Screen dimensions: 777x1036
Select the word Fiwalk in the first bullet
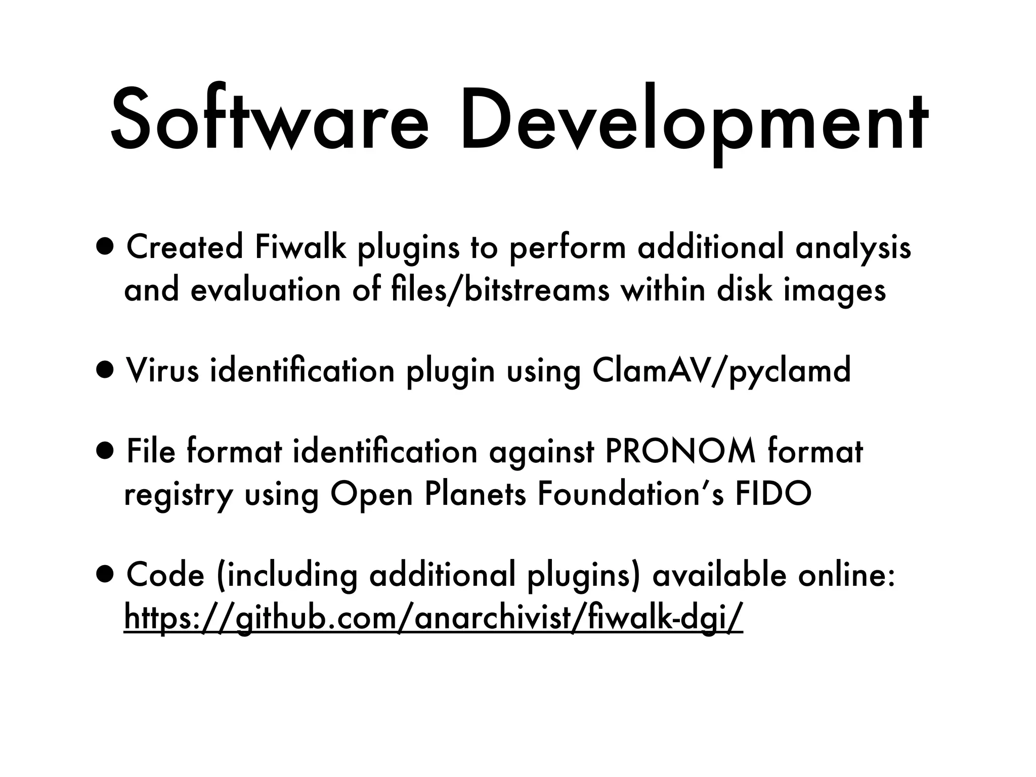(300, 248)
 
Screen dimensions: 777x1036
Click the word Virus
(162, 370)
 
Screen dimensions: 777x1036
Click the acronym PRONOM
(680, 451)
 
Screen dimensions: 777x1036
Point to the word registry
(178, 495)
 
